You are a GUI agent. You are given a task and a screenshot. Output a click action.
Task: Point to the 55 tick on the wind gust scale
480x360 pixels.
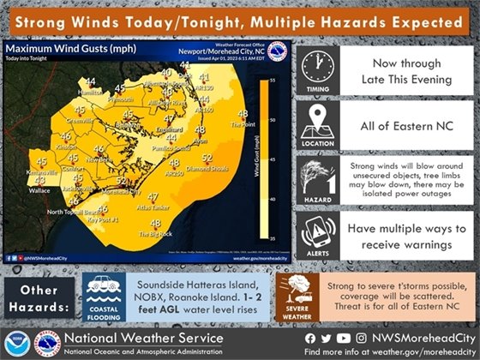(x=273, y=79)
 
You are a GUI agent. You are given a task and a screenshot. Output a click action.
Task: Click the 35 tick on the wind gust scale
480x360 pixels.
(x=273, y=237)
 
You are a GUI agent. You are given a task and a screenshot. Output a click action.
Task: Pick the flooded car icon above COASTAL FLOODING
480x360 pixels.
(x=105, y=289)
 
